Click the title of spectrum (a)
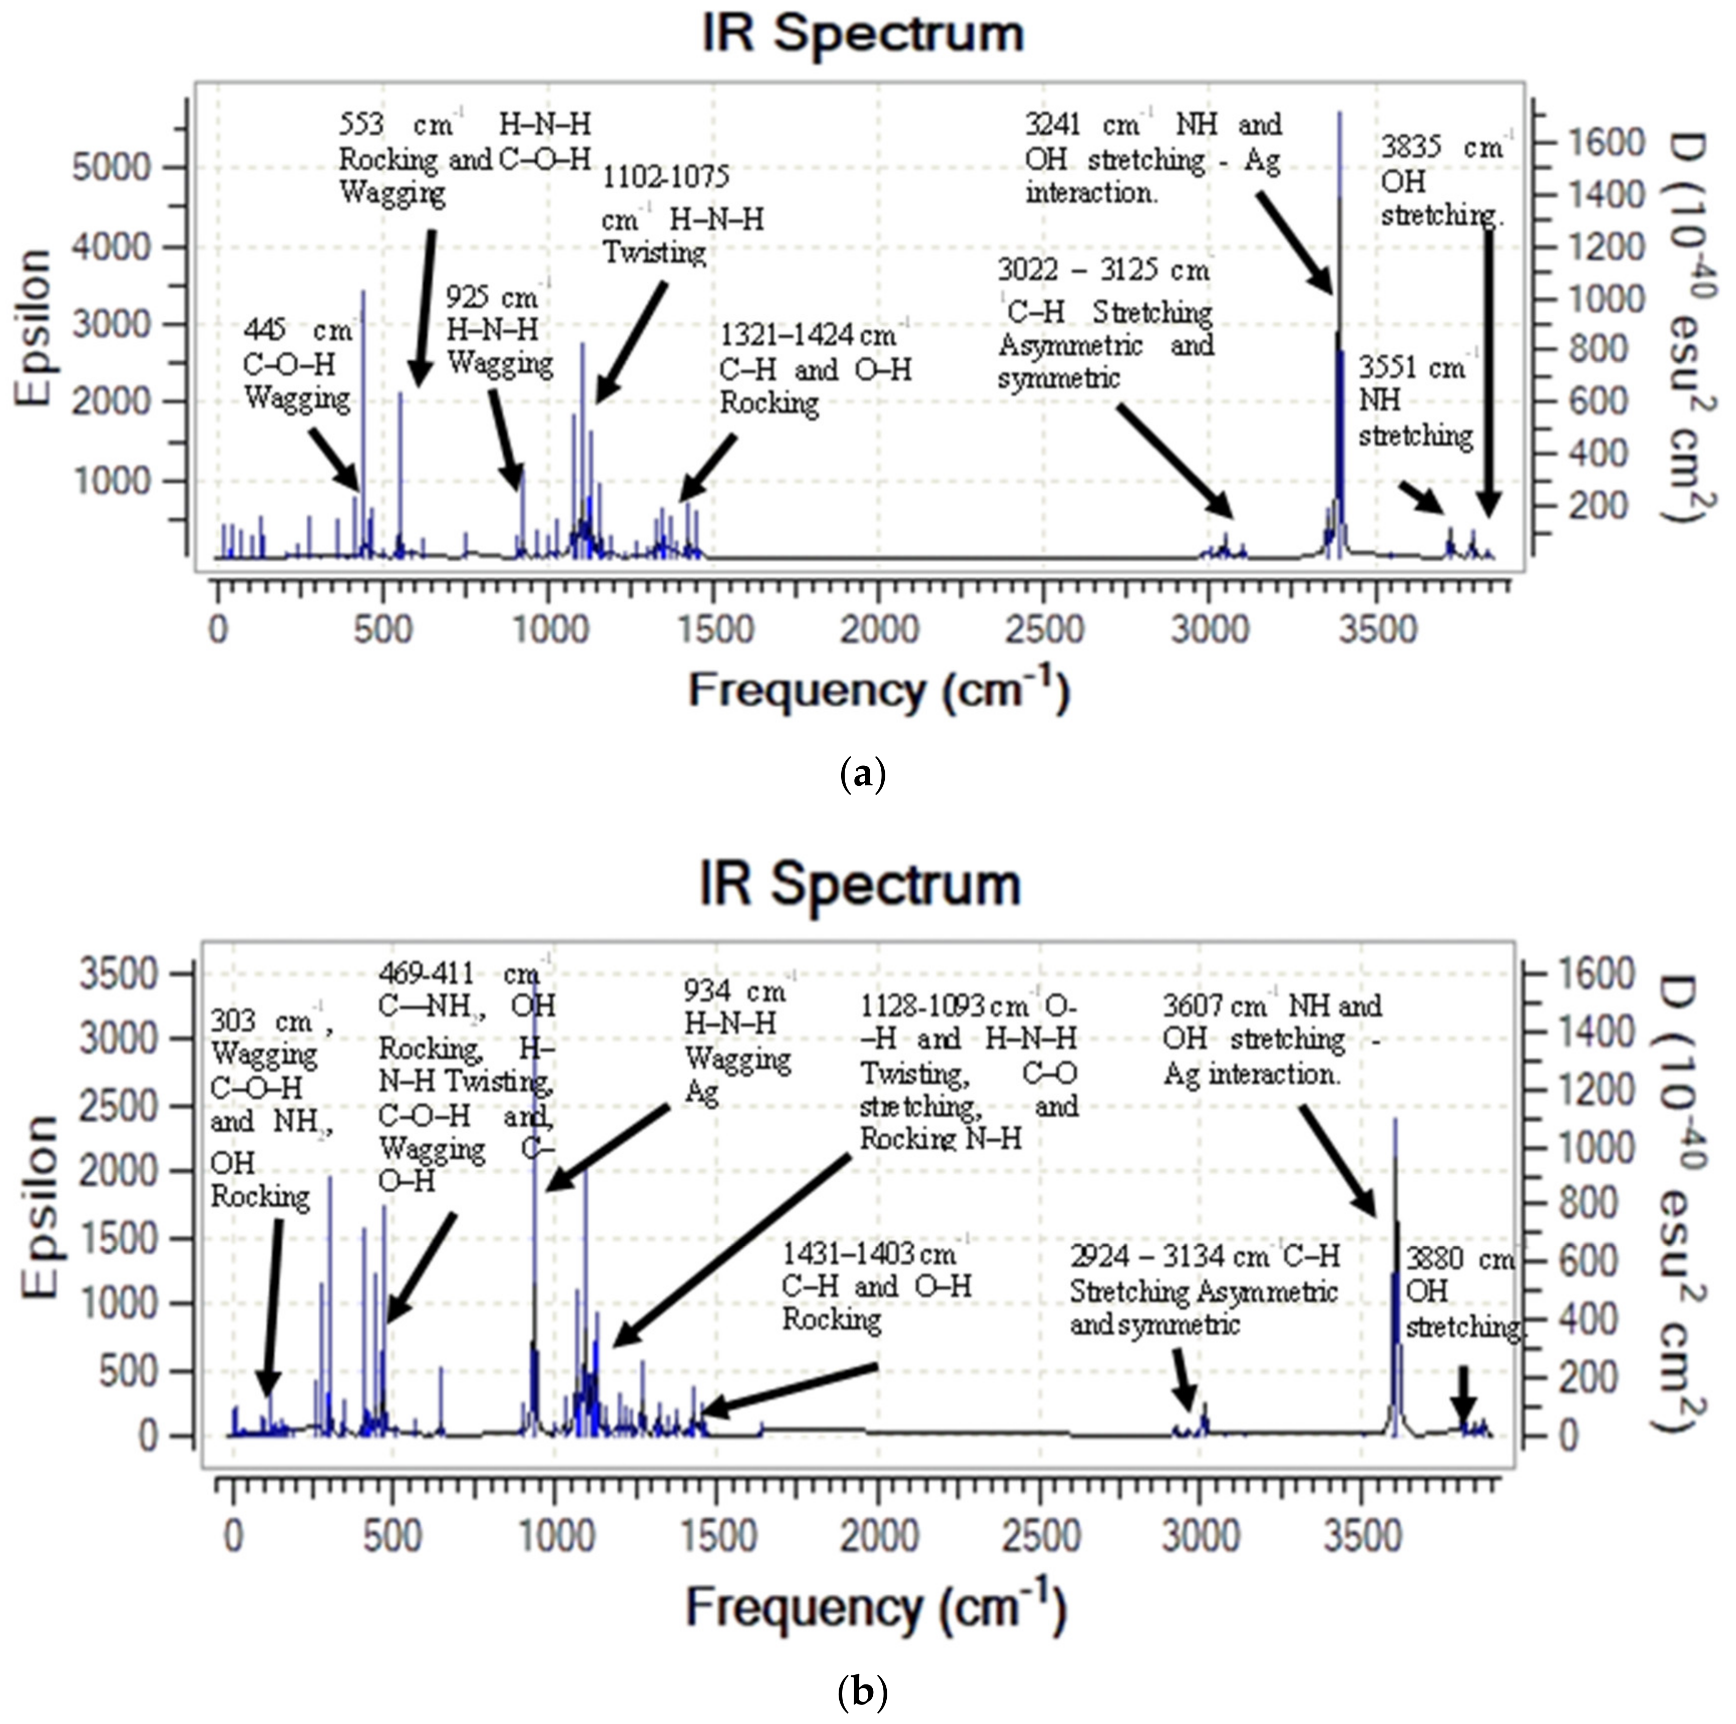click(x=863, y=34)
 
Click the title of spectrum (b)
click(x=861, y=885)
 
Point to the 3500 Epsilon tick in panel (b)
click(x=119, y=974)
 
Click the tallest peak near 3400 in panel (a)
click(x=1339, y=270)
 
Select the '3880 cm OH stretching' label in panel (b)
click(x=1462, y=1292)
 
